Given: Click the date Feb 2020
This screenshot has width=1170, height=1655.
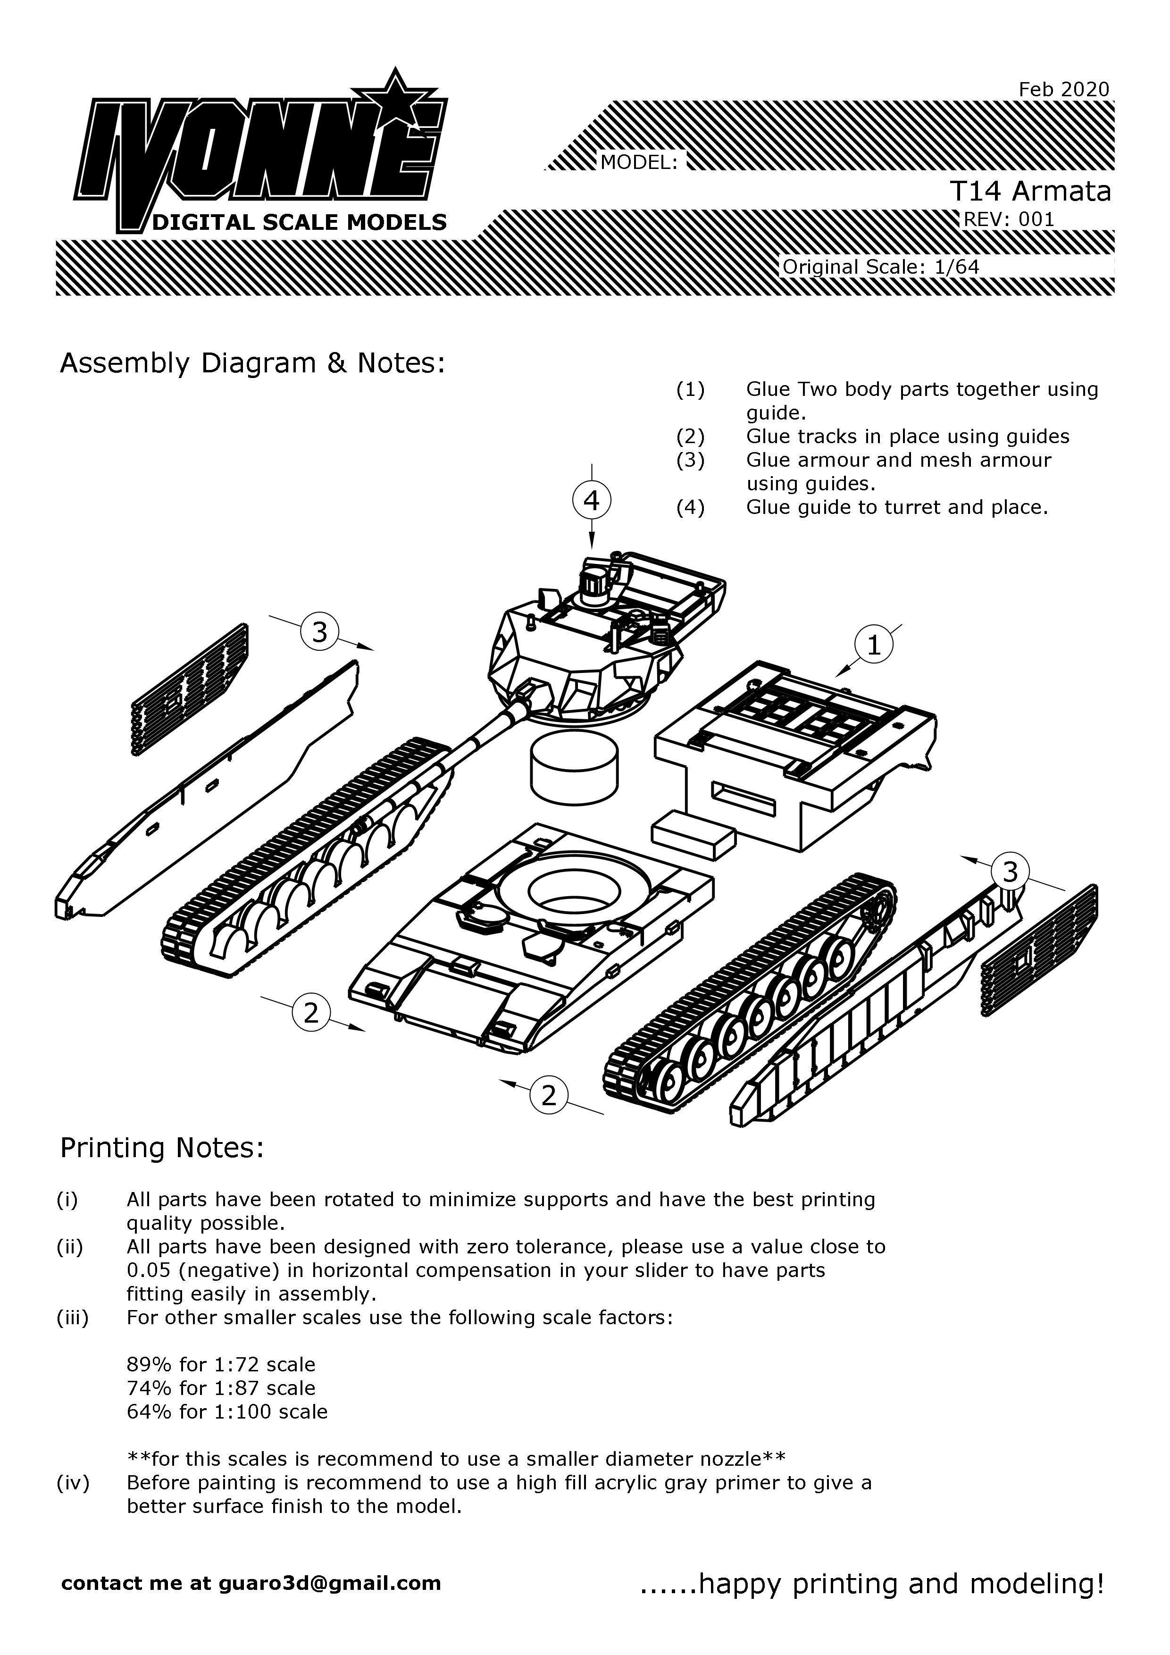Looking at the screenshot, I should pyautogui.click(x=1063, y=89).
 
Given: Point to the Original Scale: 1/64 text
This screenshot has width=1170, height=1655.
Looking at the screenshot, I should pyautogui.click(x=880, y=267).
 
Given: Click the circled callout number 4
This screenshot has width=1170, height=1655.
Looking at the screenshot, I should pyautogui.click(x=592, y=500).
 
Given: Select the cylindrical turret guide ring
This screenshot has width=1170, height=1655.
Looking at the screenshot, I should pyautogui.click(x=574, y=766).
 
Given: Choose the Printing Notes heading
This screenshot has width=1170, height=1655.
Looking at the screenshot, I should pyautogui.click(x=162, y=1148).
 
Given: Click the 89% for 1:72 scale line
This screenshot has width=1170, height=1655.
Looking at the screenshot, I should pyautogui.click(x=220, y=1364).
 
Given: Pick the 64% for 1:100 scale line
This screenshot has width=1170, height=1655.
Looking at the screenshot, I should pyautogui.click(x=227, y=1411).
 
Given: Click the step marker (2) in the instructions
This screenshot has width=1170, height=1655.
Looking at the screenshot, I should pyautogui.click(x=690, y=437).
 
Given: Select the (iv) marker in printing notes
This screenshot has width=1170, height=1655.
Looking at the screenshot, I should pyautogui.click(x=73, y=1483).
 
